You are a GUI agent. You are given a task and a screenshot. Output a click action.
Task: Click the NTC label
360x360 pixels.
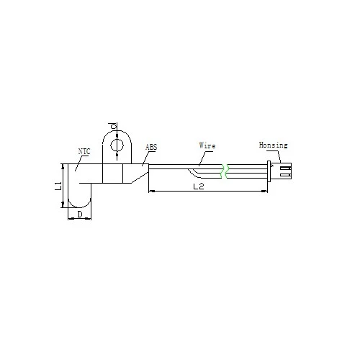[84, 151]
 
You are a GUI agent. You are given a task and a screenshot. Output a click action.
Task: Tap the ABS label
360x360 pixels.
[151, 147]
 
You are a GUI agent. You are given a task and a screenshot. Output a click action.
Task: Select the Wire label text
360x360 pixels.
[207, 145]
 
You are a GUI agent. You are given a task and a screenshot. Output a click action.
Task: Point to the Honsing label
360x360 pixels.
[273, 145]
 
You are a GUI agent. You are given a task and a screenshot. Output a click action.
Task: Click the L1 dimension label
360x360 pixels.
[58, 186]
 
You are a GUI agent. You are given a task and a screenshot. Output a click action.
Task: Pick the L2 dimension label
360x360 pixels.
[199, 186]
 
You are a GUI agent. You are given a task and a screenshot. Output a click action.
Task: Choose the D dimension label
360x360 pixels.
[80, 215]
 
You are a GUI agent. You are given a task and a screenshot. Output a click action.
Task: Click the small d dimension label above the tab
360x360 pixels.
[112, 126]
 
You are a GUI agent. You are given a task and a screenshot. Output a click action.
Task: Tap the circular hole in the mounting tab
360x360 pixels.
[117, 145]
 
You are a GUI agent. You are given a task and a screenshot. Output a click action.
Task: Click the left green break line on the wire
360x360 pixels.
[222, 171]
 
